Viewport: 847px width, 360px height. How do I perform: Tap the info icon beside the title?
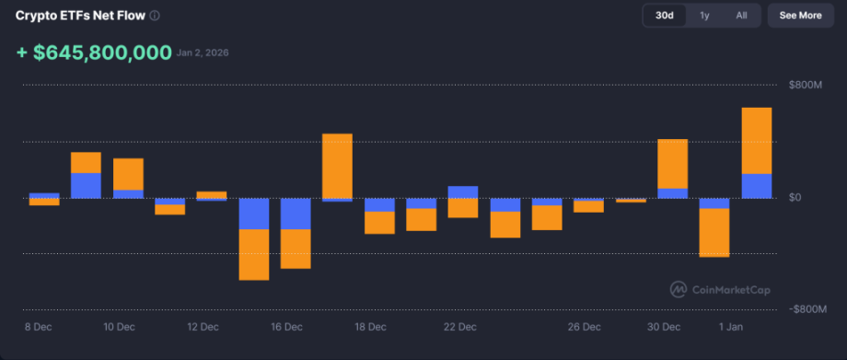point(155,16)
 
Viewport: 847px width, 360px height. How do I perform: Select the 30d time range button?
point(664,16)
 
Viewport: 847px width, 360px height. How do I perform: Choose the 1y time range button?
point(704,16)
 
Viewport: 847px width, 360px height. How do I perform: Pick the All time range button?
point(741,16)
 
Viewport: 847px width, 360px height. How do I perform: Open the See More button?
point(800,16)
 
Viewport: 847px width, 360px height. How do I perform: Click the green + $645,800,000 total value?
point(94,52)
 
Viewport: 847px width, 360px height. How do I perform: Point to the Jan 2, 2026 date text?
point(203,53)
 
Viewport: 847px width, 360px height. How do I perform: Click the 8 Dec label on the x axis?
point(40,327)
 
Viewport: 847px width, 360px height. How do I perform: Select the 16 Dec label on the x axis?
point(286,327)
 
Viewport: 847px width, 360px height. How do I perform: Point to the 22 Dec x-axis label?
point(459,327)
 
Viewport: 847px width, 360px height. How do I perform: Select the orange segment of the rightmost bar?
point(757,140)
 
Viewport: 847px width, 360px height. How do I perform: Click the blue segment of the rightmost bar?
point(757,185)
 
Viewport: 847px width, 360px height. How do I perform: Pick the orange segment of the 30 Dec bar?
point(672,164)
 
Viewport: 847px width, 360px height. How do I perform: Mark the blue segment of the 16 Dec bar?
point(296,214)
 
